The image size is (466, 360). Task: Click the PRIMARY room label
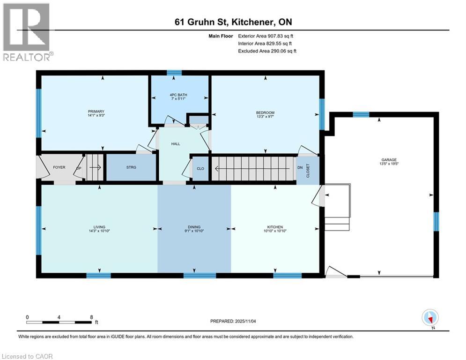[x=96, y=111]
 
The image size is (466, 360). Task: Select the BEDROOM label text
[x=265, y=112]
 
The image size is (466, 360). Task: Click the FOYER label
[x=59, y=167]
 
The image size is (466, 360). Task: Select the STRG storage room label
[x=131, y=167]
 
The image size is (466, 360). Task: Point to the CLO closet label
[x=200, y=168]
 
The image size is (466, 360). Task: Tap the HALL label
[x=176, y=144]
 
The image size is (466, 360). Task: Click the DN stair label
[x=300, y=167]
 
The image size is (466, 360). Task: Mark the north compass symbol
[x=429, y=318]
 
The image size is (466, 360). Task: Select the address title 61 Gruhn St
[x=233, y=22]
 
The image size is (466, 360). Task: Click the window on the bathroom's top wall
[x=174, y=73]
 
